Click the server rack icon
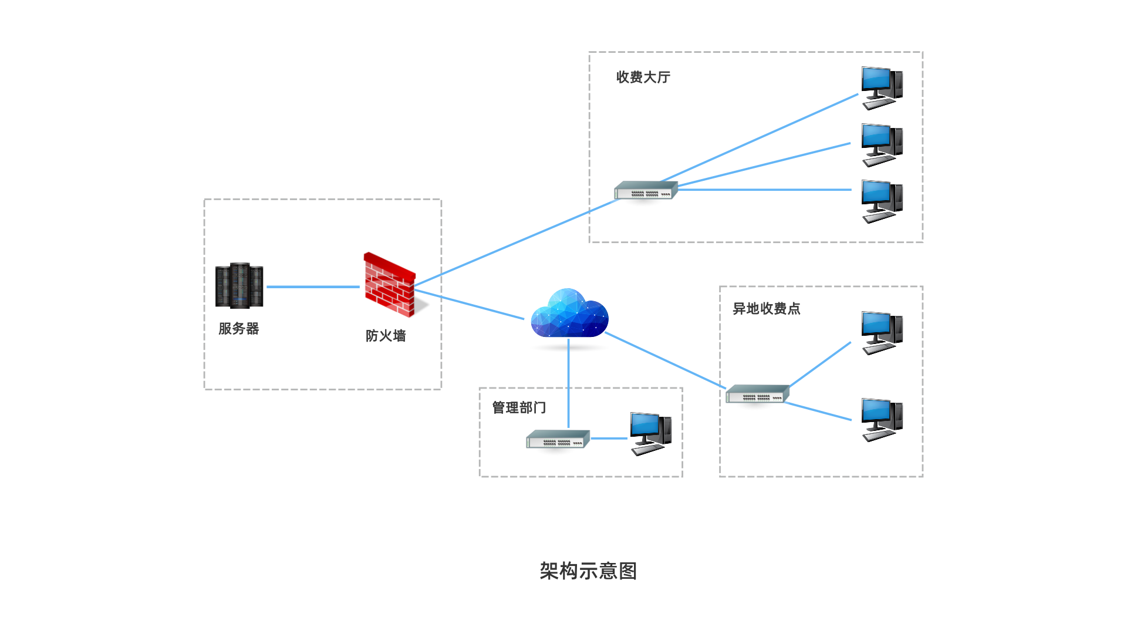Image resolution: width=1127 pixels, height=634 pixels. pyautogui.click(x=239, y=286)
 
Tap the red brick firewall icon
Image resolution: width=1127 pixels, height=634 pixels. pyautogui.click(x=389, y=285)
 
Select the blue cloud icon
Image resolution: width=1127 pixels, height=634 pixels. pyautogui.click(x=569, y=314)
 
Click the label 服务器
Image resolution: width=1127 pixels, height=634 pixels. pyautogui.click(x=239, y=329)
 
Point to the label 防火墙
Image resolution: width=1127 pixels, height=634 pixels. pyautogui.click(x=386, y=336)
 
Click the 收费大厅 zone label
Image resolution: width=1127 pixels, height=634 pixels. pyautogui.click(x=643, y=77)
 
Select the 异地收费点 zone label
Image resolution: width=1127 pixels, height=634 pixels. pyautogui.click(x=767, y=309)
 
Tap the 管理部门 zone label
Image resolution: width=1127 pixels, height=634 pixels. pyautogui.click(x=519, y=407)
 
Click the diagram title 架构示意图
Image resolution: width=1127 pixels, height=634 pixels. pyautogui.click(x=588, y=571)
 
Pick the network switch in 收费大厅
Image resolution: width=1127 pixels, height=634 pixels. pyautogui.click(x=646, y=191)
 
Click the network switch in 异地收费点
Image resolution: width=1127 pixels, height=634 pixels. pyautogui.click(x=757, y=394)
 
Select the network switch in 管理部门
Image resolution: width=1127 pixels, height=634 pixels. pyautogui.click(x=558, y=440)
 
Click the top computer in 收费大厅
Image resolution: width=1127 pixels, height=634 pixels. pyautogui.click(x=882, y=88)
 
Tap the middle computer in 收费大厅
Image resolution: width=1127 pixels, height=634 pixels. pyautogui.click(x=882, y=145)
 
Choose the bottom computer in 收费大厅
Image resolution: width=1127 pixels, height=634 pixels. pyautogui.click(x=882, y=201)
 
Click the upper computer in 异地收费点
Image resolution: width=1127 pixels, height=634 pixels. pyautogui.click(x=882, y=333)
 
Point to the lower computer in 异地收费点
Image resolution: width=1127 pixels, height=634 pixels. pyautogui.click(x=882, y=420)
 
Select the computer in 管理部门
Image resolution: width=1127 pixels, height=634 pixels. pyautogui.click(x=650, y=434)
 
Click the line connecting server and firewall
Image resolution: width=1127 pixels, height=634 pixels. pyautogui.click(x=313, y=287)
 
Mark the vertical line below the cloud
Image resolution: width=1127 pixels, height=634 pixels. pyautogui.click(x=568, y=382)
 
